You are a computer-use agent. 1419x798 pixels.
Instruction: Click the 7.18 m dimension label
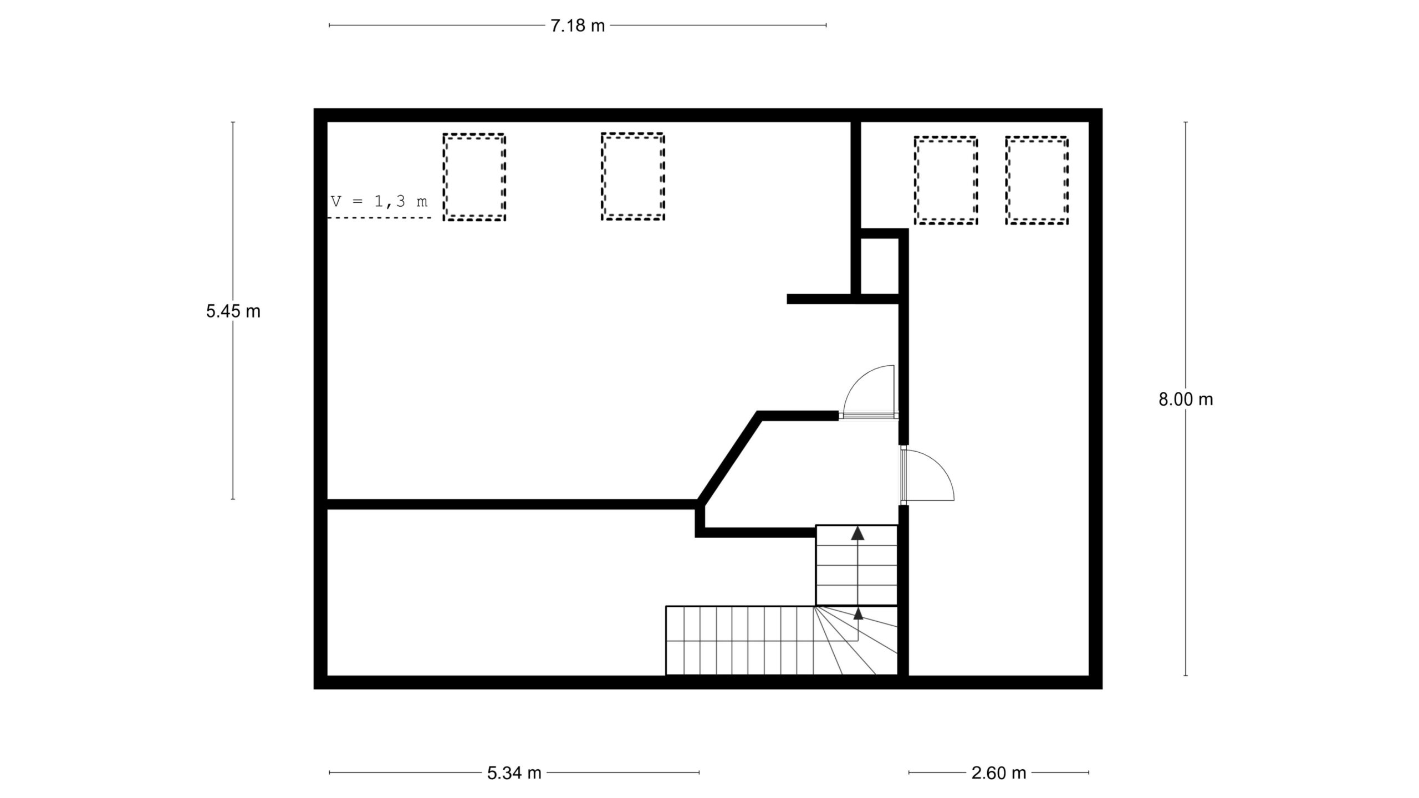click(x=578, y=25)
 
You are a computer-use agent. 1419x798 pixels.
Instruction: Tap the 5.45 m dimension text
click(x=233, y=311)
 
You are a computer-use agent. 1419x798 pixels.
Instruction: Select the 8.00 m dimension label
click(x=1186, y=399)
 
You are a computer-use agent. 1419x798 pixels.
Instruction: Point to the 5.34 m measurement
click(x=514, y=773)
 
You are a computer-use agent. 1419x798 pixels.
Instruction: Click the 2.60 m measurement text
click(x=999, y=773)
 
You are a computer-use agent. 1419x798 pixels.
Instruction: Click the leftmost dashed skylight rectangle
click(x=474, y=135)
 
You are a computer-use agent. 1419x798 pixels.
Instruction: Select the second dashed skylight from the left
click(x=632, y=134)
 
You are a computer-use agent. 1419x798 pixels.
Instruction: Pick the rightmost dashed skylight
click(x=1037, y=138)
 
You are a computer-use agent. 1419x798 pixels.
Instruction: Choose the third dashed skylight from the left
click(x=946, y=138)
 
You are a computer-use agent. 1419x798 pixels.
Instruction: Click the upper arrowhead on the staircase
click(x=858, y=533)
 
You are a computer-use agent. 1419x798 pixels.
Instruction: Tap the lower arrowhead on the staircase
click(x=858, y=613)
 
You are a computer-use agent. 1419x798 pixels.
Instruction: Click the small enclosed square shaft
click(x=879, y=266)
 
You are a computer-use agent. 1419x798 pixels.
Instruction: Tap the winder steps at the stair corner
click(x=856, y=640)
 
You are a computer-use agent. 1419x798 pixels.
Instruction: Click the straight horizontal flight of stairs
click(x=739, y=640)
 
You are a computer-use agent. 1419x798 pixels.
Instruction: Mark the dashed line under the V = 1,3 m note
click(x=380, y=218)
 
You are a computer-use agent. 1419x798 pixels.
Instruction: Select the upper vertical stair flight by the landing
click(x=856, y=565)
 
